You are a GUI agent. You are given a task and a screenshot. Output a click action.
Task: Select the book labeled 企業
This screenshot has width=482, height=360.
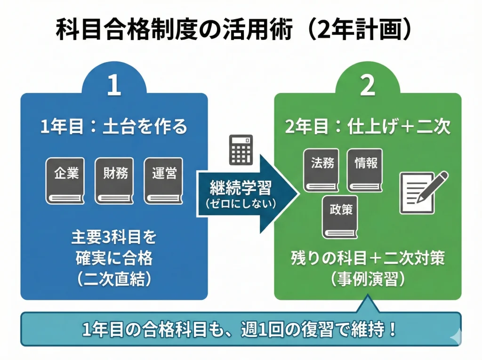(66, 180)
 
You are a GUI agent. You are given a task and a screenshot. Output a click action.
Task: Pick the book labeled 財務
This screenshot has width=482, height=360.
(114, 180)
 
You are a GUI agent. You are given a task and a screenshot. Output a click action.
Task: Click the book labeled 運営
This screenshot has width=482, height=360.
(164, 180)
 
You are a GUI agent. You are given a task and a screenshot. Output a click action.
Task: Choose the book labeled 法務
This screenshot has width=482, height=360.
(322, 170)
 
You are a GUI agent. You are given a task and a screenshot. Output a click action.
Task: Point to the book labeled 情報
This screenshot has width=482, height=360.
(365, 170)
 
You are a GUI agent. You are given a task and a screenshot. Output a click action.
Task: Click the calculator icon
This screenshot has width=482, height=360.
(241, 150)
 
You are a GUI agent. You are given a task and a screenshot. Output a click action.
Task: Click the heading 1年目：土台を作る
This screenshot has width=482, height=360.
(114, 127)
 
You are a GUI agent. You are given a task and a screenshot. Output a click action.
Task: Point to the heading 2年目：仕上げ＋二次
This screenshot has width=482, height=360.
(368, 127)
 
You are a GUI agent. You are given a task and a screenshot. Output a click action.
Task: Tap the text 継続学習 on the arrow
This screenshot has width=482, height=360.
(241, 189)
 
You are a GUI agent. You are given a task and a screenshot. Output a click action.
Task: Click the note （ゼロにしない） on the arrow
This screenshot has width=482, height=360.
(241, 204)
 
